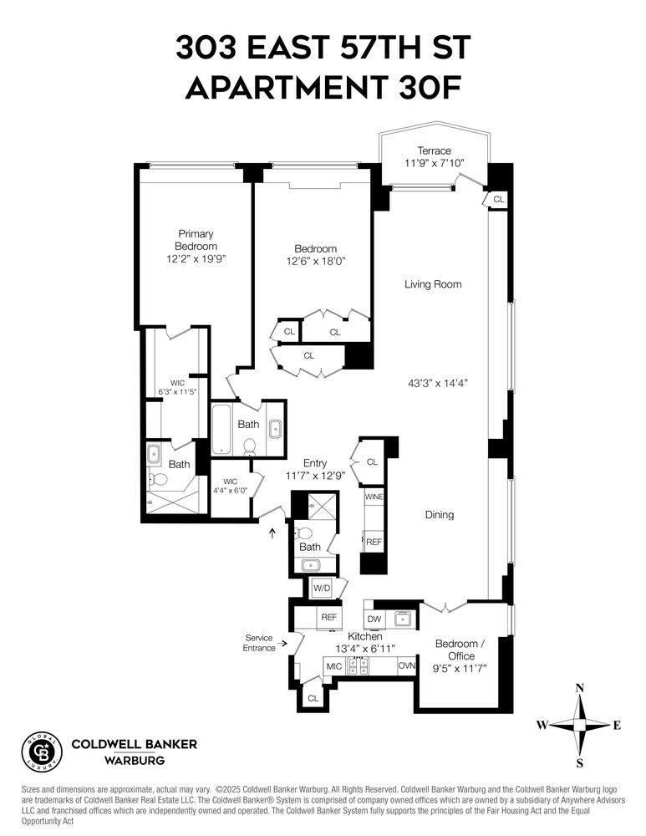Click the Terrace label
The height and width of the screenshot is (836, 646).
coord(434,150)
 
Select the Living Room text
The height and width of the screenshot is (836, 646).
coord(433,284)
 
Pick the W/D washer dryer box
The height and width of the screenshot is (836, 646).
coord(323,588)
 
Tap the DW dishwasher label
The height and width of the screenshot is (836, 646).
coord(374,619)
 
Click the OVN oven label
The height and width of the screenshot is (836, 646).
coord(407,665)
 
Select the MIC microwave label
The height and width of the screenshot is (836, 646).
coord(334,666)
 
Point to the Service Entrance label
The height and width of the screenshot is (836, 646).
coord(259,643)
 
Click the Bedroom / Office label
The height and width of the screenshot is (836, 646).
coord(460,649)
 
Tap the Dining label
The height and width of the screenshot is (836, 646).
coord(439,515)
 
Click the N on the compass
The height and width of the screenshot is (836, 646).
coord(580,688)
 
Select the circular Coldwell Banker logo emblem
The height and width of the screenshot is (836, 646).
coord(41,751)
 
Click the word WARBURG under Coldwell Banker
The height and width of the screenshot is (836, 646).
coord(134,761)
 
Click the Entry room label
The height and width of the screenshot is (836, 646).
coord(315,463)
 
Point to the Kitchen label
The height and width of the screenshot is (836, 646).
coord(365,637)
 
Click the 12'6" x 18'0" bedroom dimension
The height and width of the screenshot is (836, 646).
coord(315,261)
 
